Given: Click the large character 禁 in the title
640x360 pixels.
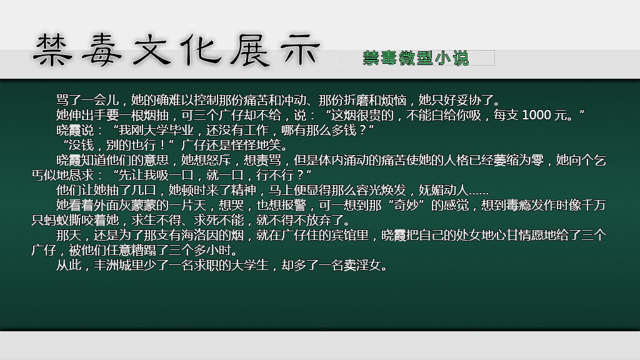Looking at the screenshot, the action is [52, 50].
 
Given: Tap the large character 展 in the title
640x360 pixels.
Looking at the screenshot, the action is [250, 50].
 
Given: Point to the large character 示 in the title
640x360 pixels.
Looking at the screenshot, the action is [300, 50].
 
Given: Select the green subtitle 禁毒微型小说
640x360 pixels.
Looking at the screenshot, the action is [416, 58].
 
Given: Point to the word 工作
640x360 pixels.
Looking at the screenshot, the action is [256, 130].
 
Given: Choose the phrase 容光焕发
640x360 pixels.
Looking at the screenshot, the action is [381, 190].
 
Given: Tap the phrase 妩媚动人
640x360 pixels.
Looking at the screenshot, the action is [443, 190].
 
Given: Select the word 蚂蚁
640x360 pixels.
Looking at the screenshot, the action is [56, 220].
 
